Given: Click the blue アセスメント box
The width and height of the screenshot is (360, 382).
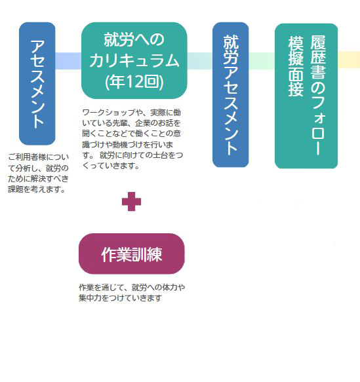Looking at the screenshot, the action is [x=37, y=84].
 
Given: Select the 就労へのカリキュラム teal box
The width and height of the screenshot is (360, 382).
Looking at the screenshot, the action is [x=134, y=60].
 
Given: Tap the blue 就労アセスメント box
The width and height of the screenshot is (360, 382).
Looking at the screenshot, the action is [x=231, y=95].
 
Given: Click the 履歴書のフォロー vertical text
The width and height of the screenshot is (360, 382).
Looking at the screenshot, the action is [x=318, y=95].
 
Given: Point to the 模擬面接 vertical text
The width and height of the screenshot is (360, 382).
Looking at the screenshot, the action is [x=296, y=66].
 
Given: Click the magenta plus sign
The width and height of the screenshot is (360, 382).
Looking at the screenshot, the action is [x=131, y=201].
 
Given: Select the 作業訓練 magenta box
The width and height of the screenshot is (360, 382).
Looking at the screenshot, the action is [x=132, y=254].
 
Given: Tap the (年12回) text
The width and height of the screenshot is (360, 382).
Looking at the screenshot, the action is [x=134, y=82].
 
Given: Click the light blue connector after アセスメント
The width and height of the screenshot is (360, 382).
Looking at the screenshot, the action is [x=68, y=61].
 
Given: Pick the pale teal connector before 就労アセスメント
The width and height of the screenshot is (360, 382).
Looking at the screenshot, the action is [x=200, y=61].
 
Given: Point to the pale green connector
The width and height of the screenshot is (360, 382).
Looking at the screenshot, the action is [x=262, y=61].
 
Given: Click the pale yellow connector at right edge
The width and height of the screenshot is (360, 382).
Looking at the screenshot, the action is [x=349, y=60].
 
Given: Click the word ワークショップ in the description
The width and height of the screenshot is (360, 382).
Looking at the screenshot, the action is [x=109, y=113].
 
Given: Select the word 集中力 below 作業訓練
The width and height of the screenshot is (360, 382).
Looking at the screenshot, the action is [x=90, y=297].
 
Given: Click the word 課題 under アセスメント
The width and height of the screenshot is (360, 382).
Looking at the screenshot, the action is [x=16, y=189].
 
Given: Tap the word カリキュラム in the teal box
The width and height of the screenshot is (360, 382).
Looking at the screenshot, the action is [x=134, y=61].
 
